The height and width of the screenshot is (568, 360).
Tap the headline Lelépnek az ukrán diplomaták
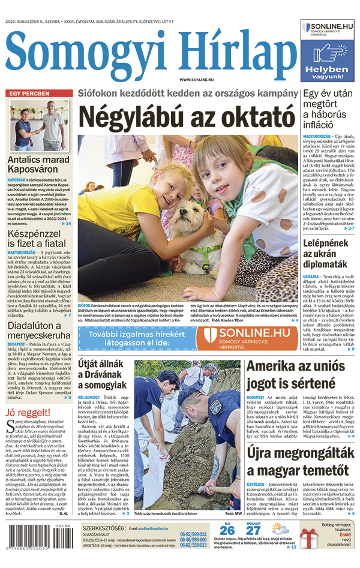(x=325, y=254)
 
